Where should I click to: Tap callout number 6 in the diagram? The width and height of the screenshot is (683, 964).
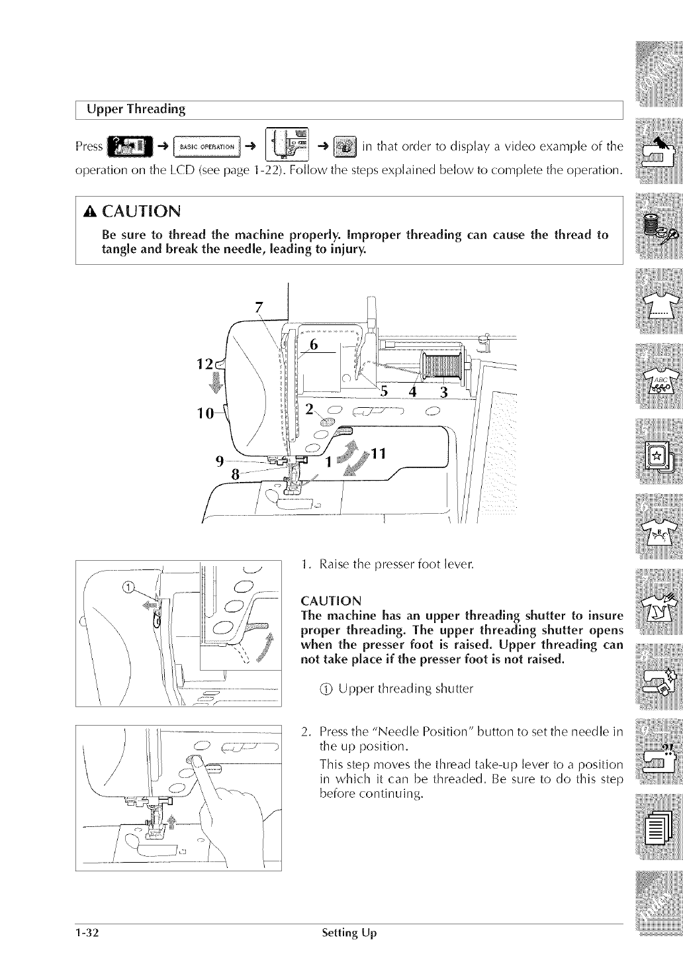coord(314,344)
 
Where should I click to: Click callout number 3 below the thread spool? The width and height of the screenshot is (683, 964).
coord(444,392)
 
